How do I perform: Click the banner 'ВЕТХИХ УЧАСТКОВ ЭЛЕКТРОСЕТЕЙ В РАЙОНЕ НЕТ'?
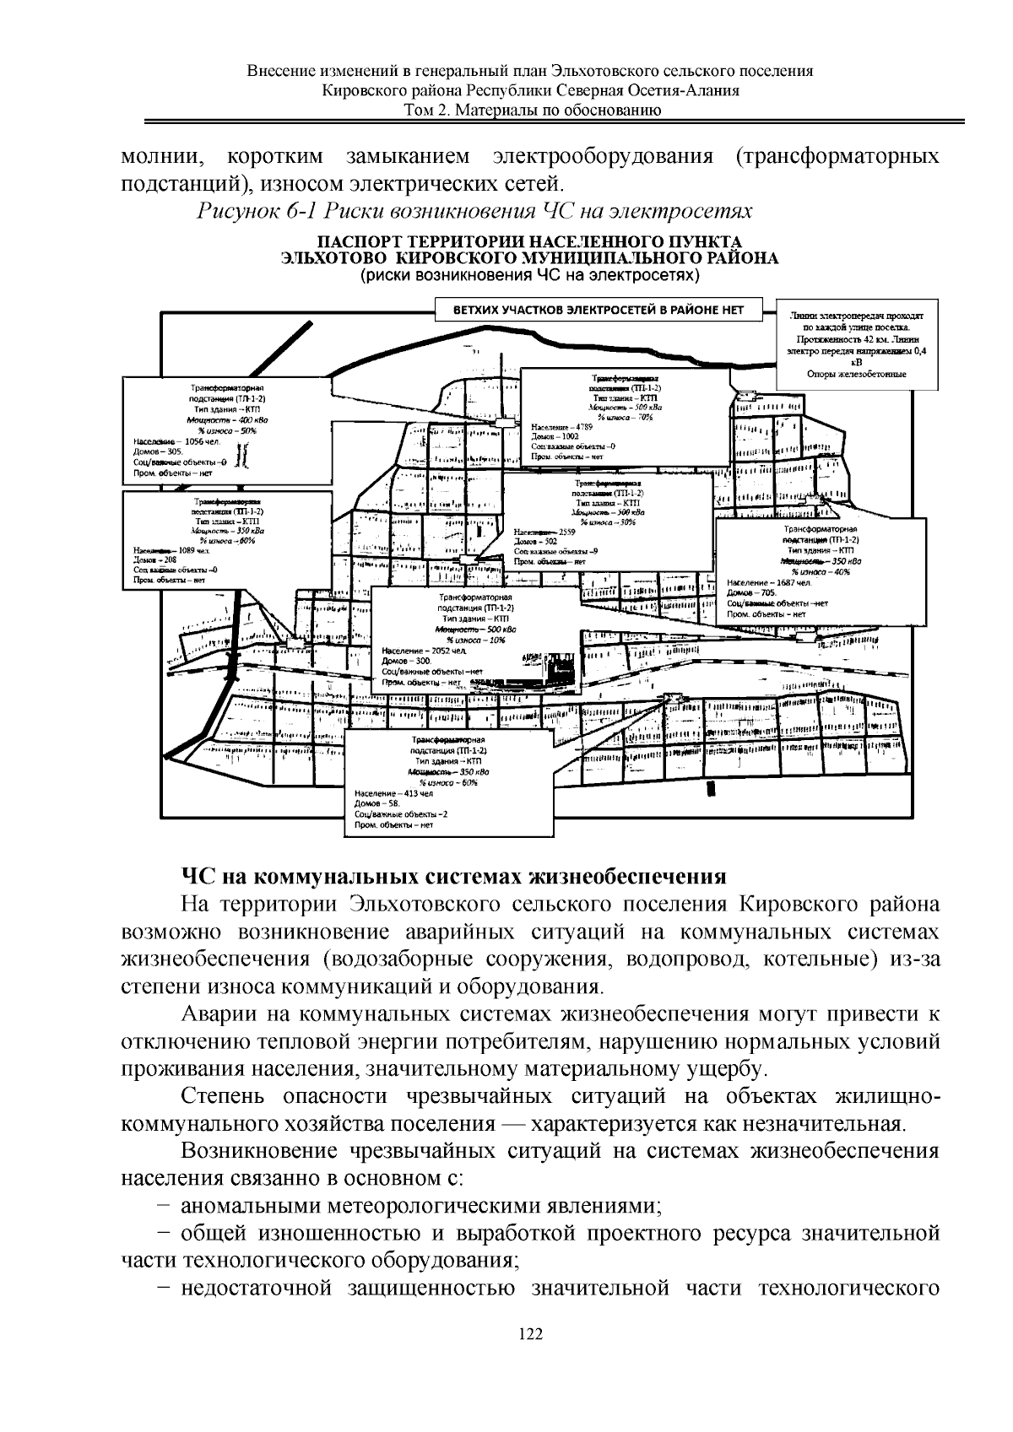(x=598, y=310)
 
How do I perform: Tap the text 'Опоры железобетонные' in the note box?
(x=856, y=374)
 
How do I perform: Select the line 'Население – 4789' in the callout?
(x=558, y=427)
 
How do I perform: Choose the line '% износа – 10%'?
(x=476, y=640)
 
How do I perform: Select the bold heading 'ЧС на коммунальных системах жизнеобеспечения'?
(x=454, y=875)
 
